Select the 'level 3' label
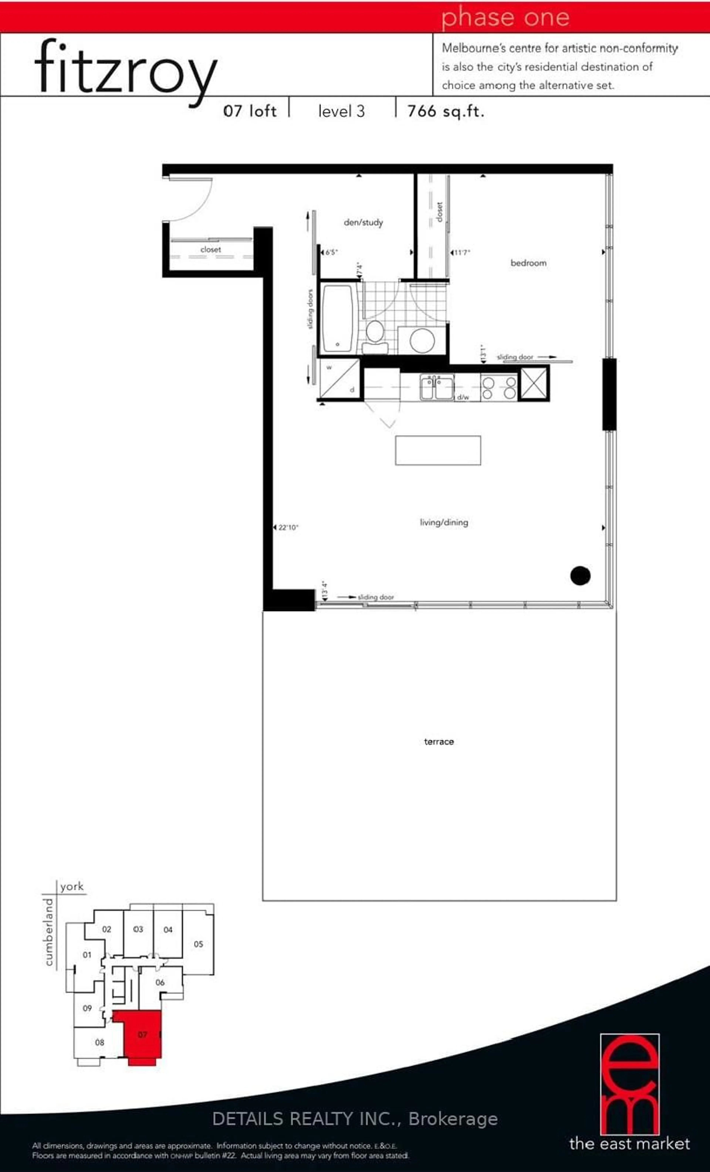[341, 111]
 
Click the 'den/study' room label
[363, 222]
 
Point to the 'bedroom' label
[528, 263]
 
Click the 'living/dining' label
[444, 522]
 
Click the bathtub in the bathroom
[337, 317]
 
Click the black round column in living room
[580, 575]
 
